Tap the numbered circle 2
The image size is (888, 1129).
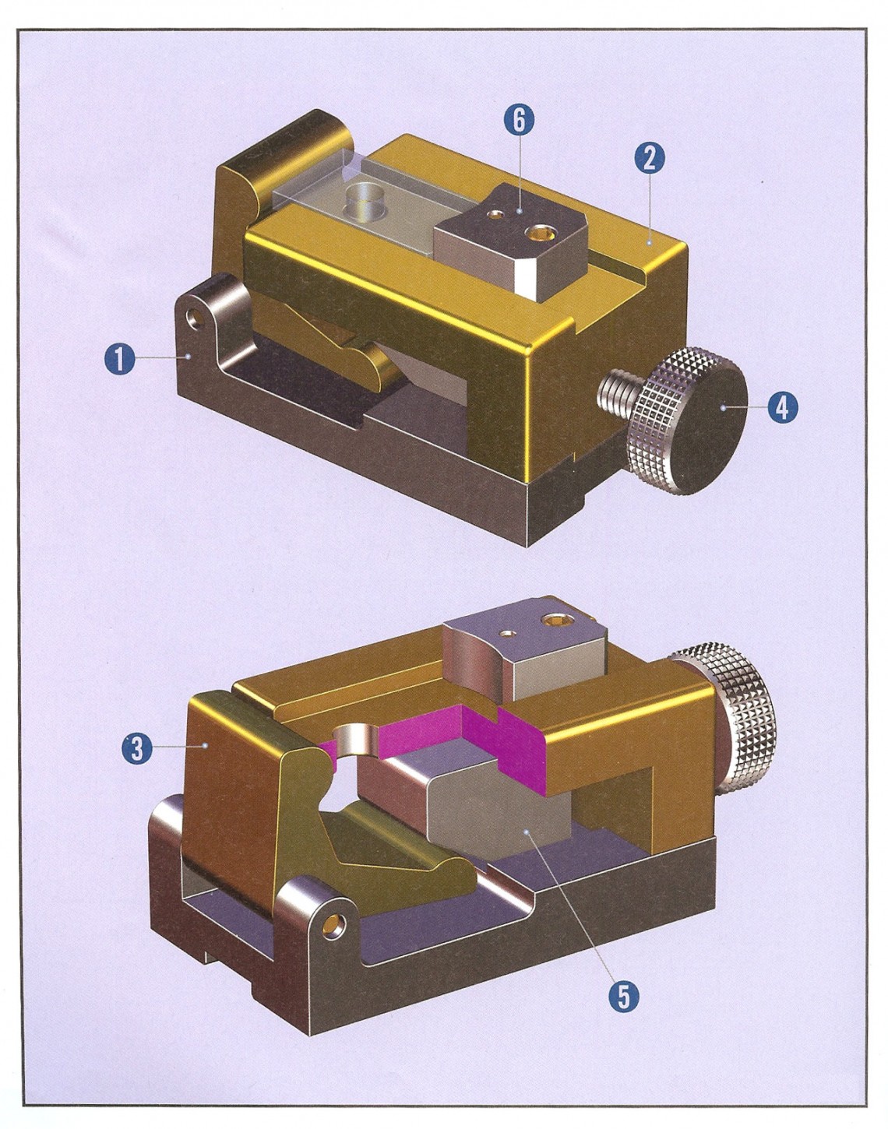click(650, 158)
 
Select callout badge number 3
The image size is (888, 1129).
click(137, 749)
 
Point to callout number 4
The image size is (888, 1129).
click(783, 407)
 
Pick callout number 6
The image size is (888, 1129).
click(519, 120)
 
